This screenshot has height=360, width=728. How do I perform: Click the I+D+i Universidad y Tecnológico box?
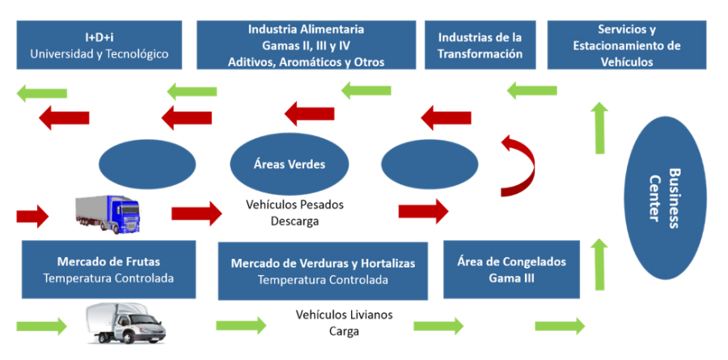pos(99,45)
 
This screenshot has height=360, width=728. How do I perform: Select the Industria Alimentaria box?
pos(306,45)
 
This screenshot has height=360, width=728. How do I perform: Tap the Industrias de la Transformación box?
pos(480,45)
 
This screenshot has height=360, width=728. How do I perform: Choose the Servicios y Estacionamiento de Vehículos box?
pos(627,45)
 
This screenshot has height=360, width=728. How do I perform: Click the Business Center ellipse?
pos(663,200)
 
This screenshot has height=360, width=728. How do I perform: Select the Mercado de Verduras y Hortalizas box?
pos(322,272)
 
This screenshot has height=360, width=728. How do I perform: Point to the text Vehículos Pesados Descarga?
pos(283,212)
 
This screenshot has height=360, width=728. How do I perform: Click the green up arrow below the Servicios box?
pos(599,128)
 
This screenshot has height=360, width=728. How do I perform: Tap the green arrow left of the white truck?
pos(41,325)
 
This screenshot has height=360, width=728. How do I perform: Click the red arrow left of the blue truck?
pos(32,215)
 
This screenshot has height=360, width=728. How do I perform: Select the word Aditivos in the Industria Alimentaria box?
pos(251,61)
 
